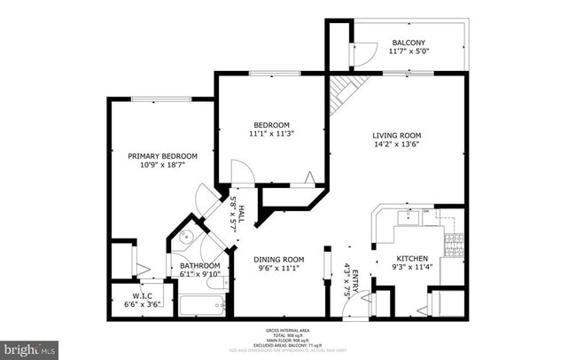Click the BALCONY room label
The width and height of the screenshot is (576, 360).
pos(409,43)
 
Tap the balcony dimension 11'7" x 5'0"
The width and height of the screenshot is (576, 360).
pos(409,51)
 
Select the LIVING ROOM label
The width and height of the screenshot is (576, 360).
pos(396,136)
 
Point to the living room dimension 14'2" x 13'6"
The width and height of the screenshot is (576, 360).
pos(396,145)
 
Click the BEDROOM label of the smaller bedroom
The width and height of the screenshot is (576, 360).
pos(270,124)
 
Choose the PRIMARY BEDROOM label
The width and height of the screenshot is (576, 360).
pos(156,156)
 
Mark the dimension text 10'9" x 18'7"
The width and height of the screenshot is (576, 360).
pos(156,166)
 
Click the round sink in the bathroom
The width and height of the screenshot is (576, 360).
pos(186,237)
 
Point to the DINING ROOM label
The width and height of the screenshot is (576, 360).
pos(280,259)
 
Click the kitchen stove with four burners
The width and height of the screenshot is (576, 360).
pos(455,246)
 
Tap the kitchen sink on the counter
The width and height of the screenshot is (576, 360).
pos(410,215)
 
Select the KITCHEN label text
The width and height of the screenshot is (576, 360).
pos(412,259)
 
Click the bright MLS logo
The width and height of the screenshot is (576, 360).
pos(29,349)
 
